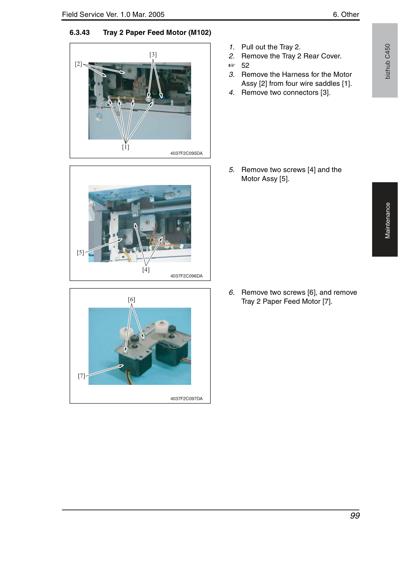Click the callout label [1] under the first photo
[x=126, y=147]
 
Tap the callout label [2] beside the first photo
[x=78, y=64]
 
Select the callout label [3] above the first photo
[x=153, y=54]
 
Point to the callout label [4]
[x=146, y=270]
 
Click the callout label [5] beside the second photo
[x=81, y=252]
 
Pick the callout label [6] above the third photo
[x=132, y=299]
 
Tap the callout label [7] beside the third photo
[x=81, y=376]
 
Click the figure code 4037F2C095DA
[x=186, y=153]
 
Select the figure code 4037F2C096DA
[x=186, y=276]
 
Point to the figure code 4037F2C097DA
[x=186, y=399]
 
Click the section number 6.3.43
[x=80, y=33]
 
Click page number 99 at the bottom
[x=355, y=515]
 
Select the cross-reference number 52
[x=245, y=65]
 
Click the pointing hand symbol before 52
[x=231, y=65]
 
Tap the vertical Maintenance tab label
[x=388, y=221]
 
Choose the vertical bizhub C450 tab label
[x=388, y=62]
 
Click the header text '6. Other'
[x=346, y=15]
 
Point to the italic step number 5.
[x=231, y=170]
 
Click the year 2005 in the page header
[x=157, y=15]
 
